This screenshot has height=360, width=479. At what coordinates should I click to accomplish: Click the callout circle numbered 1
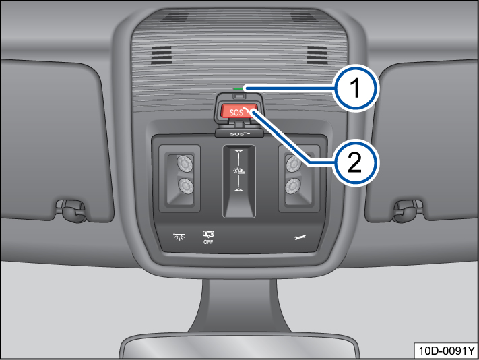click(x=355, y=88)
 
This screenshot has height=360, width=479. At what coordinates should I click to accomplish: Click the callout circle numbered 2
click(x=355, y=162)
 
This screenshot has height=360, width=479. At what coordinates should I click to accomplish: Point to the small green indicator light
click(x=238, y=88)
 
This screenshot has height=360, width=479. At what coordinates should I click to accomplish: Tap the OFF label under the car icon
click(x=208, y=242)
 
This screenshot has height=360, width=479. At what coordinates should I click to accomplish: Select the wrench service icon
click(x=300, y=237)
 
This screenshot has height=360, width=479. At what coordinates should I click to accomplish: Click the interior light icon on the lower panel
click(x=179, y=237)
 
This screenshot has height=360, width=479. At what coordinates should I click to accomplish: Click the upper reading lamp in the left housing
click(x=185, y=164)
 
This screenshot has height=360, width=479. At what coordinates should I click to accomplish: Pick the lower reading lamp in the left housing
click(x=186, y=186)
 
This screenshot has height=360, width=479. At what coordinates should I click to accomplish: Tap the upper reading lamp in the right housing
click(x=294, y=164)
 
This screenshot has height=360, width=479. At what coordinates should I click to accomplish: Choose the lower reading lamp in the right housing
click(x=293, y=186)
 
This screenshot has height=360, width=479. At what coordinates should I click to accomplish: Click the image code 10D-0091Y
click(x=446, y=351)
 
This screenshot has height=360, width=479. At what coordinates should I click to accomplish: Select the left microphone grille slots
click(x=161, y=55)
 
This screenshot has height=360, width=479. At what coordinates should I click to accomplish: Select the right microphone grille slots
click(x=317, y=55)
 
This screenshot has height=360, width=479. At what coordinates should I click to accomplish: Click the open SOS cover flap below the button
click(x=239, y=132)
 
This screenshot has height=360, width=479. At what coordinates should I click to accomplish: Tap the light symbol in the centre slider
click(x=239, y=171)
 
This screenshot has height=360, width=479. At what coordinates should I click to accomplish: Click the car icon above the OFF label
click(x=208, y=234)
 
